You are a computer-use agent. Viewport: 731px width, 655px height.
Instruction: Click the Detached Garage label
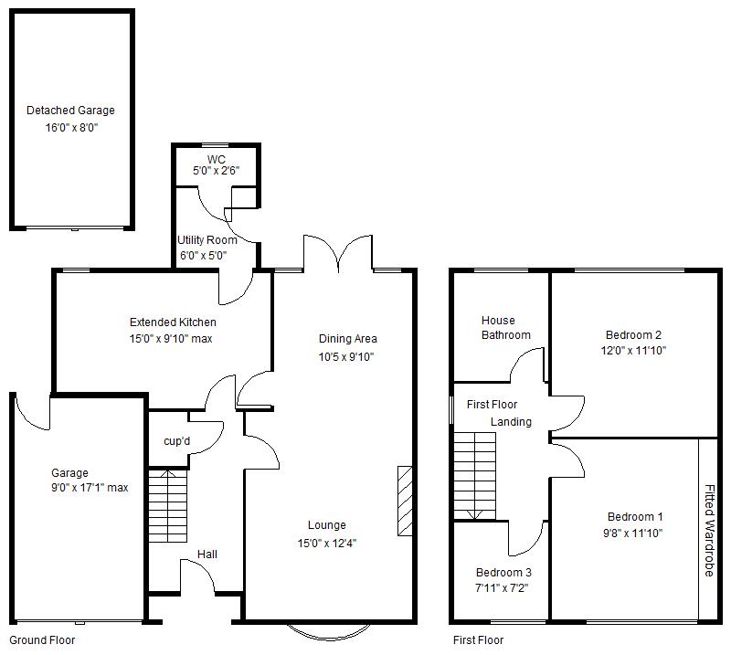(x=70, y=111)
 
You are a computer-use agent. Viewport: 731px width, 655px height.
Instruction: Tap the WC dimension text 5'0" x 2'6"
(x=216, y=171)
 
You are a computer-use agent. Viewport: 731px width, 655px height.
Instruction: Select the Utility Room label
(x=207, y=240)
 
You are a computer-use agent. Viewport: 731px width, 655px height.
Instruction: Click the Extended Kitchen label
(x=173, y=322)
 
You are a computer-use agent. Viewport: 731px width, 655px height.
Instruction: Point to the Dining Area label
(x=347, y=339)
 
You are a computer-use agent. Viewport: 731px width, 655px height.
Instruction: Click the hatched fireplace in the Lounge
(x=405, y=501)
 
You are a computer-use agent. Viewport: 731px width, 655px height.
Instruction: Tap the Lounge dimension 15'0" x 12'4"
(x=327, y=543)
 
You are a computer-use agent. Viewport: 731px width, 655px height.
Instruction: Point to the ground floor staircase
(x=167, y=505)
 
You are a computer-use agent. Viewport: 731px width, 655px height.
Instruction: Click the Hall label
(x=207, y=555)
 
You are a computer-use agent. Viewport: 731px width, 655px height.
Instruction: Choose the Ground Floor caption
(x=42, y=640)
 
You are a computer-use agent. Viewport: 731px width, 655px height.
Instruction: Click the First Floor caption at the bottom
(x=478, y=640)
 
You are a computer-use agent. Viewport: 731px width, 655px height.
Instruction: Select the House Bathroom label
(x=506, y=328)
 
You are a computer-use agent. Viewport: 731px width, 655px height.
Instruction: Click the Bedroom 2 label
(x=633, y=334)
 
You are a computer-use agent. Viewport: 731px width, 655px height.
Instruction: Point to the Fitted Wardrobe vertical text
(x=709, y=531)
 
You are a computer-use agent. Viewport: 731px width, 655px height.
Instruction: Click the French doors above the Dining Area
(x=338, y=254)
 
